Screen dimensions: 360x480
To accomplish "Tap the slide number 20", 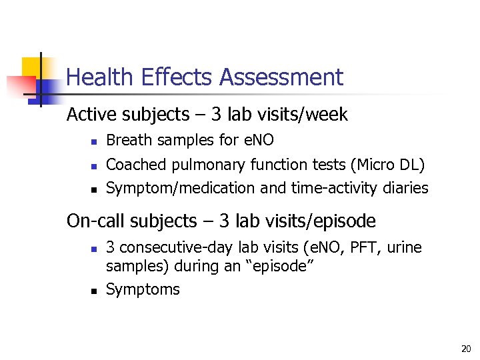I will coord(465,349).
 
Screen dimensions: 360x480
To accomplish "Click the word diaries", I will coord(406,188).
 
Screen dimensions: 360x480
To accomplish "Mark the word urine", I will coord(405,248).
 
